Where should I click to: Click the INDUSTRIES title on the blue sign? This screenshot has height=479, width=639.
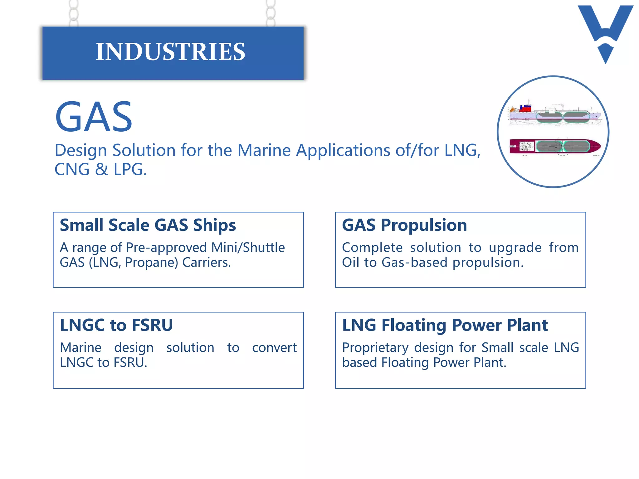[x=170, y=52]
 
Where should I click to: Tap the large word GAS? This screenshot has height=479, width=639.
[x=94, y=117]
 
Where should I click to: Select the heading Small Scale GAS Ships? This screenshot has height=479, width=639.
[x=148, y=225]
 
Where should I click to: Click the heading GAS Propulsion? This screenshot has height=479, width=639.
[x=404, y=225]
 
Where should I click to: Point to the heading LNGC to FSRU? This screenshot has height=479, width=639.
[x=116, y=325]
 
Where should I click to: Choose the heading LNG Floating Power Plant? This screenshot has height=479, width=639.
[x=445, y=325]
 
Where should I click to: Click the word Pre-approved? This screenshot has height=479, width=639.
[x=167, y=248]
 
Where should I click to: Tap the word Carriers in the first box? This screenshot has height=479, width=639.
[x=206, y=263]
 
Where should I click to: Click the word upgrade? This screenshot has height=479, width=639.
[x=515, y=248]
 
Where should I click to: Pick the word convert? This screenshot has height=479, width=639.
[x=274, y=348]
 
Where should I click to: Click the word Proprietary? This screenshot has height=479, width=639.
[x=375, y=348]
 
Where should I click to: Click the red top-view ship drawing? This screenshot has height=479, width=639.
[x=555, y=146]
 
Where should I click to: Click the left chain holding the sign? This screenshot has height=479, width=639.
[x=74, y=13]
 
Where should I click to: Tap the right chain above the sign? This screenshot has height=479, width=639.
[x=271, y=13]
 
